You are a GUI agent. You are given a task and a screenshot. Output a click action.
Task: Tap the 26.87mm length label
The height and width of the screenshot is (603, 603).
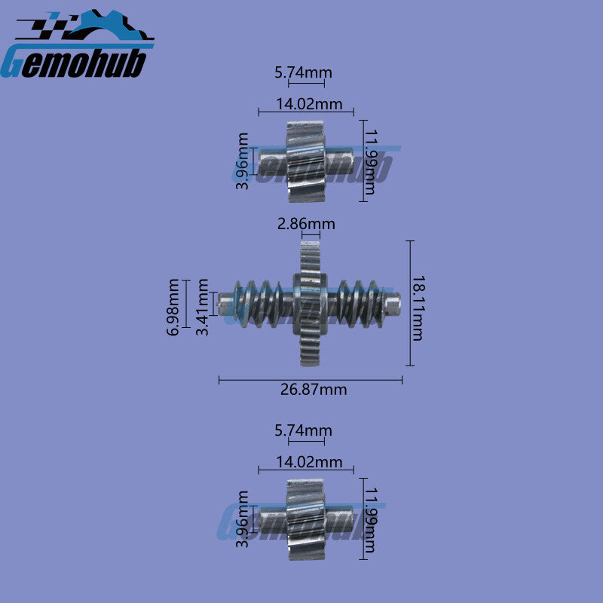[314, 390]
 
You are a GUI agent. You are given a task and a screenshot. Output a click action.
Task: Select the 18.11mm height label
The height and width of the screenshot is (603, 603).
[418, 308]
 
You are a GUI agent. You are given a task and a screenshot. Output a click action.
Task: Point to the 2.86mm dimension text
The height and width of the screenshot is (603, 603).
[306, 224]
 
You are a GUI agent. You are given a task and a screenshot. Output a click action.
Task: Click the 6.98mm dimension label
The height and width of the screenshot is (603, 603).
[173, 308]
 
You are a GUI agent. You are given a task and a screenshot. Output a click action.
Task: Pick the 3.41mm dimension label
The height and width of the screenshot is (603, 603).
[202, 308]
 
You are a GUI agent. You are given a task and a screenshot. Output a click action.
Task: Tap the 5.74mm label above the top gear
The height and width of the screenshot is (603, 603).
[303, 72]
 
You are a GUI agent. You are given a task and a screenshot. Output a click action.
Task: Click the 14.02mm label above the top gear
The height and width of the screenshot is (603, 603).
[309, 104]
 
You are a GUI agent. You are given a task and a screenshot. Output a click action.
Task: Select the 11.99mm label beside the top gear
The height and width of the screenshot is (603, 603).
[370, 162]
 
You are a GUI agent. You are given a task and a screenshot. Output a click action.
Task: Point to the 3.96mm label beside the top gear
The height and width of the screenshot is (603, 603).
[242, 161]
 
